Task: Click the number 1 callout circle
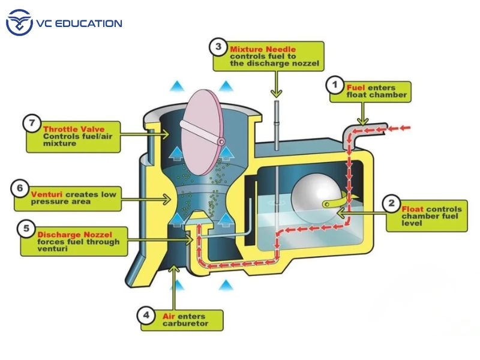(335, 85)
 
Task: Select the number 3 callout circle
(218, 46)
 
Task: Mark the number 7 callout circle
(32, 124)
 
